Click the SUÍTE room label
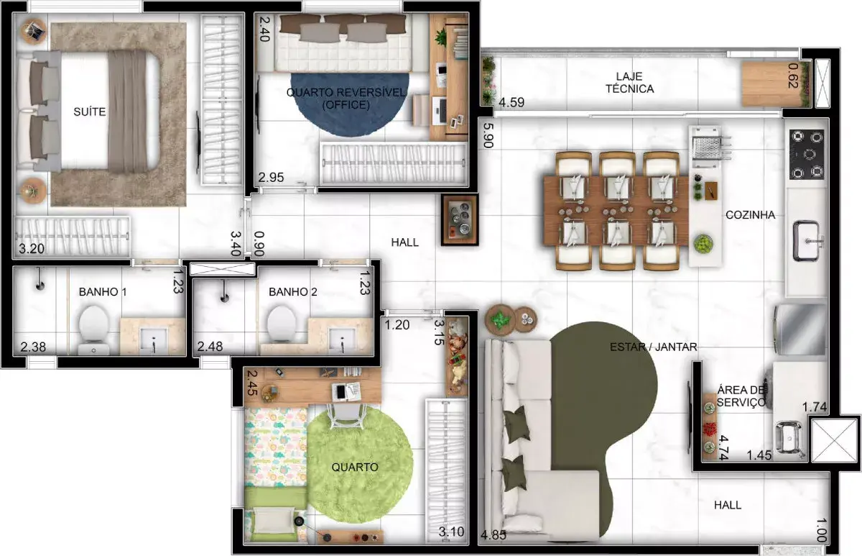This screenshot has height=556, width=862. tap(89, 111)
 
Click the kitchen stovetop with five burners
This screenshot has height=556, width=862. tap(807, 154)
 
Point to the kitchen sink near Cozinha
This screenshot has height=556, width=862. tap(807, 241)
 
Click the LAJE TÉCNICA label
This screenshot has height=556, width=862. tap(629, 83)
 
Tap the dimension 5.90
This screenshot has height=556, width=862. tap(488, 135)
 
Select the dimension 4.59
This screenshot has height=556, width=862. tap(511, 102)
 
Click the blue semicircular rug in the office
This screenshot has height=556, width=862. tap(349, 105)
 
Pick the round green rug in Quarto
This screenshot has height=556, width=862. tap(360, 465)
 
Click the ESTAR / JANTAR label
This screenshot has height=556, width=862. tap(654, 347)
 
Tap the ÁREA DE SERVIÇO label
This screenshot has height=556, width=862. tap(741, 396)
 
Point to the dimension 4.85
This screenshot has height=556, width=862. tap(493, 535)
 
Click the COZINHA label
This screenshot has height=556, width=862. tap(751, 215)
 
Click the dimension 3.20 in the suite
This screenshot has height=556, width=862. tap(32, 249)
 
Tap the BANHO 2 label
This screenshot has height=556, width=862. tap(293, 292)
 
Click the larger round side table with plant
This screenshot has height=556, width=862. tap(500, 319)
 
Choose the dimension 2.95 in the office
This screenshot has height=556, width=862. tap(271, 178)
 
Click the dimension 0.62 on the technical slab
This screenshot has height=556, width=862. tap(793, 76)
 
